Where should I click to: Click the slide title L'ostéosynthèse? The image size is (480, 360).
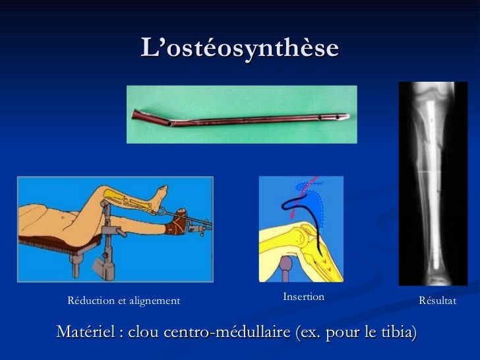tap(239, 47)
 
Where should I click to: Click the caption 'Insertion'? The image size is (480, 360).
tap(303, 297)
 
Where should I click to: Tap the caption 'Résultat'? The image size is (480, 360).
tap(437, 301)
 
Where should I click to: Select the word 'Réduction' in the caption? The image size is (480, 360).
tap(89, 301)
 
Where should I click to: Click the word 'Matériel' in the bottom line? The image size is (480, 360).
tap(86, 332)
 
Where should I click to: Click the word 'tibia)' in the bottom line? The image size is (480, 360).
tap(398, 332)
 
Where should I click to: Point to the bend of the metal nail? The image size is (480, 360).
tap(173, 122)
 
